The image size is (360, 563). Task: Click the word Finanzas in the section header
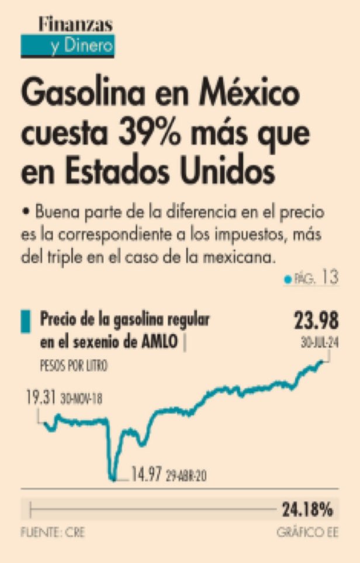[x=75, y=24]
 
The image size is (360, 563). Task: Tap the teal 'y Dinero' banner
[x=67, y=46]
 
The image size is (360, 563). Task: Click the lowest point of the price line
[x=113, y=479]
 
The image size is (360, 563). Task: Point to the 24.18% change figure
[x=307, y=510]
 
